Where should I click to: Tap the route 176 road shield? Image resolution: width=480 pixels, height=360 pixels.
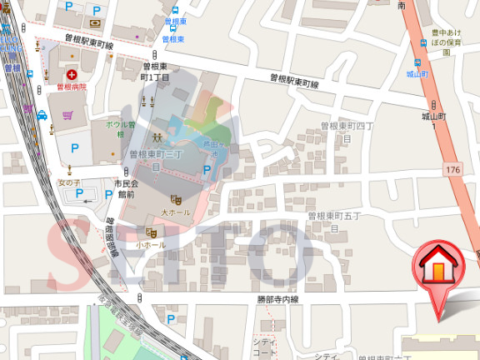coord(452,170)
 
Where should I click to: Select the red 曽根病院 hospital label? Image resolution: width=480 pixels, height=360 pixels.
coord(72,86)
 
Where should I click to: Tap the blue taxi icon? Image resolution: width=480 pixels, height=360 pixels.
coord(42,116)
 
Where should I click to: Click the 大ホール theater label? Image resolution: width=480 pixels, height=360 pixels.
coord(175,212)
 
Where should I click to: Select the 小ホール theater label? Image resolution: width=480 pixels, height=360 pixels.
coord(150,244)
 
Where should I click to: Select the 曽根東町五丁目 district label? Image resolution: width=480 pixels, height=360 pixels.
coord(333,221)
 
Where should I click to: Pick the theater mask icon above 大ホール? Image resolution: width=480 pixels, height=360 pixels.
coord(176,199)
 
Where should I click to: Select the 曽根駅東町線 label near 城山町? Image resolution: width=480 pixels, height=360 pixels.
coord(295,81)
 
